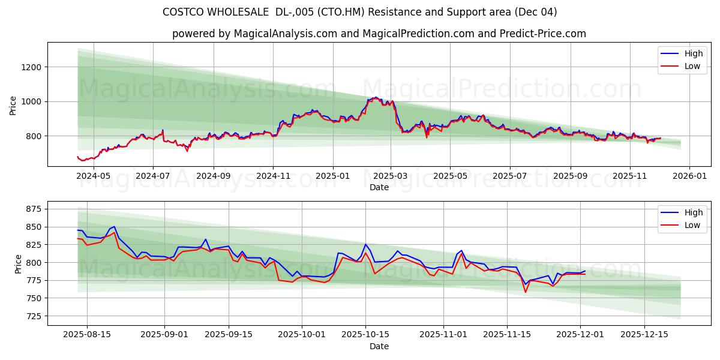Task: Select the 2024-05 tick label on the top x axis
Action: [94, 176]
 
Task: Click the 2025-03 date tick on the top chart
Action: [391, 176]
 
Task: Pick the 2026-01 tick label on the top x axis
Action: [689, 176]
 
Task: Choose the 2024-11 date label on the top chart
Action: [273, 176]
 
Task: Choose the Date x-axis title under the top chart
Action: [379, 187]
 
